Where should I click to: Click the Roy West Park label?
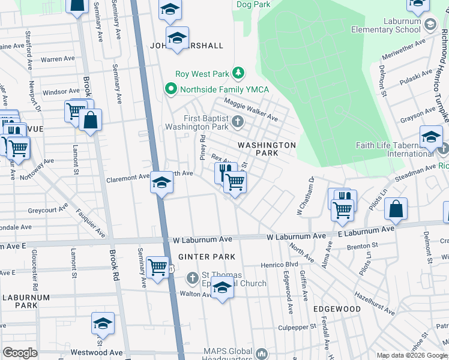pos(202,74)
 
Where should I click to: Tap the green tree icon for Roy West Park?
pos(238,74)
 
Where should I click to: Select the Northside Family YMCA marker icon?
pos(171,90)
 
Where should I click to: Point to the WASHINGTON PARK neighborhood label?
pos(267,149)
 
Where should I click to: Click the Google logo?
pos(20,352)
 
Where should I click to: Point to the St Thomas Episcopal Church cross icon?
pos(192,278)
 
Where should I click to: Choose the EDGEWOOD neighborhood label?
pos(337,309)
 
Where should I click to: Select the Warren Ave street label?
pos(58,59)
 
